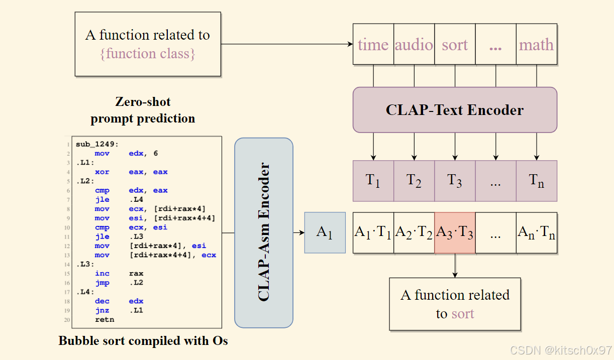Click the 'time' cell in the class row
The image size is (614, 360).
(373, 45)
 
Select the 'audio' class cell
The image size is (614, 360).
(414, 45)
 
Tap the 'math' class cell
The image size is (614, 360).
(536, 45)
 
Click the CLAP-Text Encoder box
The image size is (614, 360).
(455, 109)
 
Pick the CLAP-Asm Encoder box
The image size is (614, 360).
(264, 232)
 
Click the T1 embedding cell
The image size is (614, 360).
(373, 181)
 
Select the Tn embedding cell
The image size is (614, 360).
(536, 181)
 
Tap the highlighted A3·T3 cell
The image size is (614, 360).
(455, 232)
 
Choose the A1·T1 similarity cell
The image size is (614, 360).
(373, 232)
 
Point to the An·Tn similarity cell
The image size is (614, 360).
(536, 232)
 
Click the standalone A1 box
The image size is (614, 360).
(325, 232)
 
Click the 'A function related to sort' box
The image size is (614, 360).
(455, 304)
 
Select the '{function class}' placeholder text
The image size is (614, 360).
(147, 53)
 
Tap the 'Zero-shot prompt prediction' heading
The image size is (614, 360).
(143, 110)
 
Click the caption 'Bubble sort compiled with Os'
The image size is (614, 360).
(143, 341)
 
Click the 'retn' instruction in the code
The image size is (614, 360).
(105, 319)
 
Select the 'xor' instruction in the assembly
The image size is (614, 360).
(102, 172)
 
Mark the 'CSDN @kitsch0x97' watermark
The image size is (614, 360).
(561, 349)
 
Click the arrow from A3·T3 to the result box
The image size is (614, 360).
(455, 266)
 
